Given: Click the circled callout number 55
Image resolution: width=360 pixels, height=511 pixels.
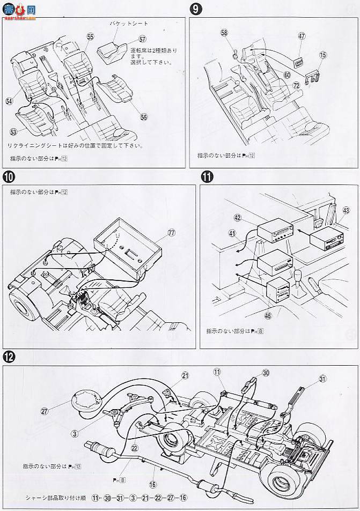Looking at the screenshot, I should (x=90, y=36).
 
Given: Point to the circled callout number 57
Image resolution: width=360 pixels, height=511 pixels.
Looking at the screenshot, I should (x=142, y=40).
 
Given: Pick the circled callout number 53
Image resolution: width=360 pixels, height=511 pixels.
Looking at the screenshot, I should (x=13, y=131).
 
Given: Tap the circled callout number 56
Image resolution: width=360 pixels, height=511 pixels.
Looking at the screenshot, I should (x=143, y=117).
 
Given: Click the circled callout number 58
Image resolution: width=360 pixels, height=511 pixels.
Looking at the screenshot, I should (x=224, y=33).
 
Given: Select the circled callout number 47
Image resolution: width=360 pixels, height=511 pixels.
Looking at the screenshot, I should (x=302, y=36).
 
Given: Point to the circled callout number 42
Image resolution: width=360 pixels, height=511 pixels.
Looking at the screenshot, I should (x=237, y=217).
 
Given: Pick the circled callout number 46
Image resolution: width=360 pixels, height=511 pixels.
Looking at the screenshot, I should (x=268, y=315).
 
